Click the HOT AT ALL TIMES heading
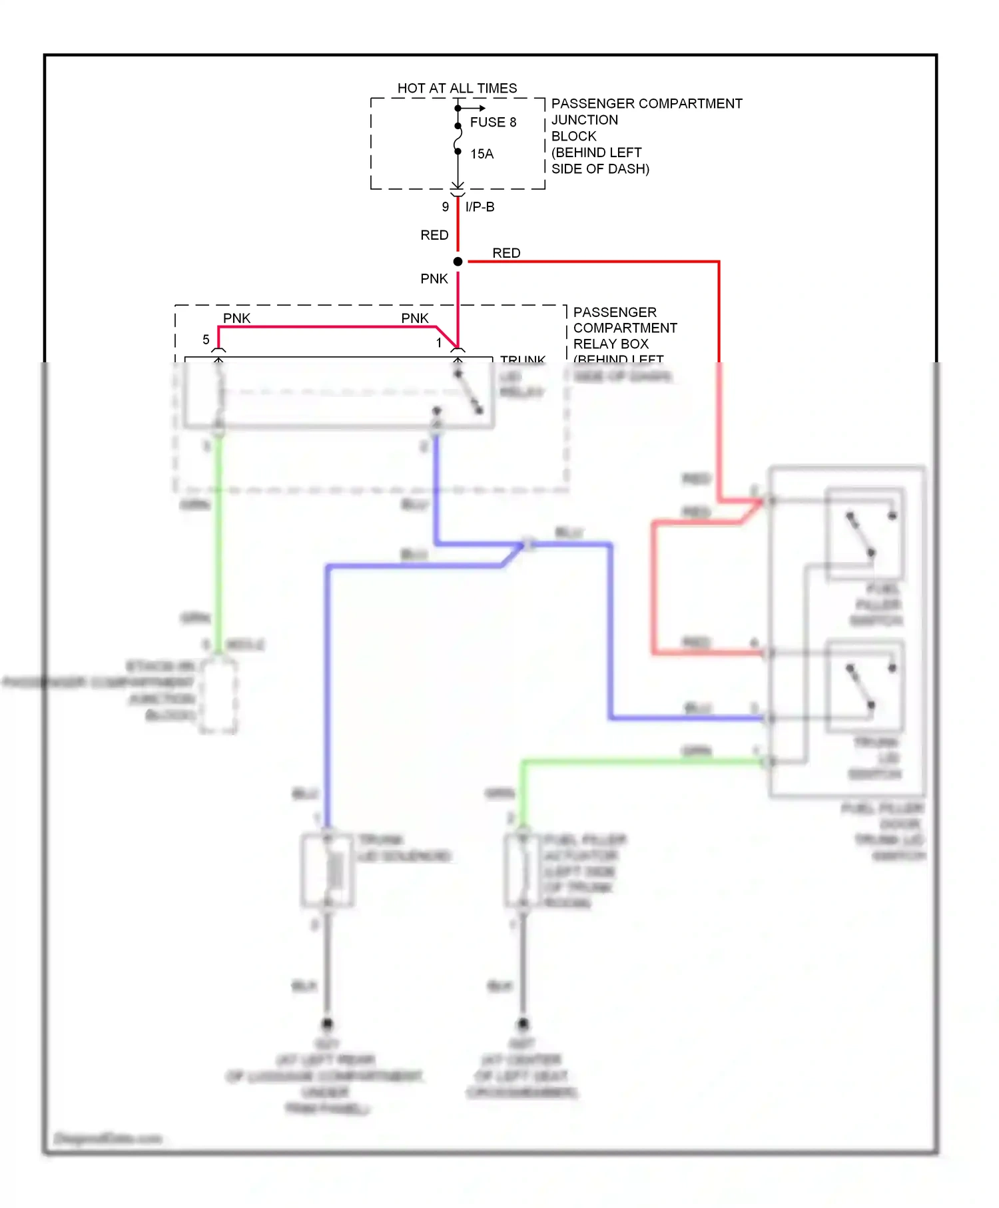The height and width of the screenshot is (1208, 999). [457, 88]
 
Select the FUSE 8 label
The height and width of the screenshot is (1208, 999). [493, 122]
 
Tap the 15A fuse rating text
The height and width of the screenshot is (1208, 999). [482, 154]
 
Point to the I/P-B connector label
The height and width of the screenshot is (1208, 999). [480, 206]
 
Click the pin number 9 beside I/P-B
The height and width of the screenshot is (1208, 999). [445, 207]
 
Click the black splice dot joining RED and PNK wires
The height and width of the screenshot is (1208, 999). [458, 262]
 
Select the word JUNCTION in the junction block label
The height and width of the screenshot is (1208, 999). [584, 120]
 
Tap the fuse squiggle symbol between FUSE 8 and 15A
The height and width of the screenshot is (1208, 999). [458, 139]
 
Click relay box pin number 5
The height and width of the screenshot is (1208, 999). [206, 340]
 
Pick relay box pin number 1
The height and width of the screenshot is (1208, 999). [439, 342]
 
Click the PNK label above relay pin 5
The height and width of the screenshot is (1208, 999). [236, 318]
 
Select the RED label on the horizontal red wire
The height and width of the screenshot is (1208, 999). [506, 253]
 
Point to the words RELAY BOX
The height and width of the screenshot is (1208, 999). [610, 344]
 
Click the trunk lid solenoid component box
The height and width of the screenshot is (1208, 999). [327, 870]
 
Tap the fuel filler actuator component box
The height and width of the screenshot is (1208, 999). [523, 870]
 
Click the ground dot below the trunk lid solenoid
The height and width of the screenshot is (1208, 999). [327, 1024]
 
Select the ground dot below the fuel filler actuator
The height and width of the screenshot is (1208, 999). [523, 1024]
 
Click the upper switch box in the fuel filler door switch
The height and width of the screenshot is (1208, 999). [864, 535]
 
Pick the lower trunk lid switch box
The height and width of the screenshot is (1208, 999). [864, 686]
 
